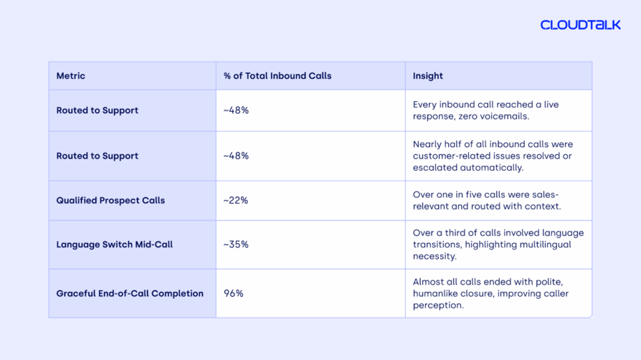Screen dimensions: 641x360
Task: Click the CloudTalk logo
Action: click(x=581, y=25)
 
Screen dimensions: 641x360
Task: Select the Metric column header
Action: click(x=71, y=76)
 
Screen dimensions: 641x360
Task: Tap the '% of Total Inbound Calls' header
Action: click(x=277, y=76)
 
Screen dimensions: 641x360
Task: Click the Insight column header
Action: click(x=427, y=76)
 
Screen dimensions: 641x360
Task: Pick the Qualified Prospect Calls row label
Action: click(x=110, y=201)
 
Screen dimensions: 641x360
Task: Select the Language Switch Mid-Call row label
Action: click(x=115, y=245)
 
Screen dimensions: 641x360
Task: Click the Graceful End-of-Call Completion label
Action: click(x=130, y=293)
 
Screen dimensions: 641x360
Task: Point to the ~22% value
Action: click(x=236, y=201)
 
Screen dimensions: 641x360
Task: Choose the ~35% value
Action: click(x=236, y=245)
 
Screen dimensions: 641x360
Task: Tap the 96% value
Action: click(x=234, y=293)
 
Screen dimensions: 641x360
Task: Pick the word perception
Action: click(x=438, y=305)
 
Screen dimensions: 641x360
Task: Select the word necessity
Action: click(x=435, y=257)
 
